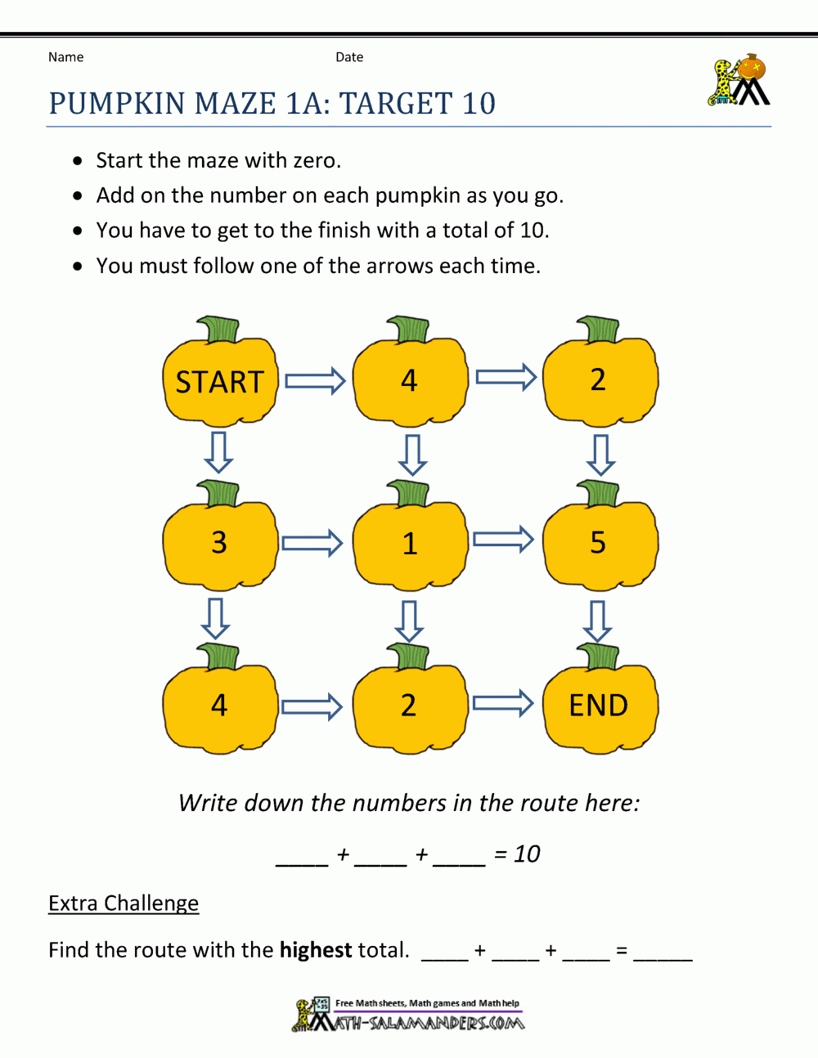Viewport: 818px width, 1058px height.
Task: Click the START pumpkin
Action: (220, 381)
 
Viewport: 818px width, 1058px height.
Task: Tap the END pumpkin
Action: (599, 705)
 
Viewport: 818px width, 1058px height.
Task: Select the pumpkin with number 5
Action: (599, 542)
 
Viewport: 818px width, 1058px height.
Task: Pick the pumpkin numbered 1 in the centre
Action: (409, 543)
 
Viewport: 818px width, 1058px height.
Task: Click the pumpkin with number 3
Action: (219, 542)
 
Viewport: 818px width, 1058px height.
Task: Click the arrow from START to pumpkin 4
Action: (315, 381)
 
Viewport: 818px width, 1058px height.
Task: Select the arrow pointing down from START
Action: (218, 452)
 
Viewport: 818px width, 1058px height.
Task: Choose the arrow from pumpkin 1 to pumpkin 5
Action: (503, 540)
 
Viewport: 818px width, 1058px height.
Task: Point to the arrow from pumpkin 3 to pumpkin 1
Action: (312, 543)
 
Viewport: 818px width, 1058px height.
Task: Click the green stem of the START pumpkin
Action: (219, 330)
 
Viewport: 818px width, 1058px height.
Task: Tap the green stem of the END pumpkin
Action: (600, 656)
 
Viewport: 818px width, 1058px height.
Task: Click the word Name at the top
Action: (65, 57)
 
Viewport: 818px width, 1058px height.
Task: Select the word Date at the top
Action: (349, 57)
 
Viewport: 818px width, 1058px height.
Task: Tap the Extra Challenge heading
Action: (124, 903)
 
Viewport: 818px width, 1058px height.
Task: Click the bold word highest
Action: (316, 950)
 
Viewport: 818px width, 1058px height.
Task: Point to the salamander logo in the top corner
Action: (739, 81)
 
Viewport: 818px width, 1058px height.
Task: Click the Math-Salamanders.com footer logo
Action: (409, 1015)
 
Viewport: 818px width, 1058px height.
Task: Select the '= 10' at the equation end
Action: (517, 854)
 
